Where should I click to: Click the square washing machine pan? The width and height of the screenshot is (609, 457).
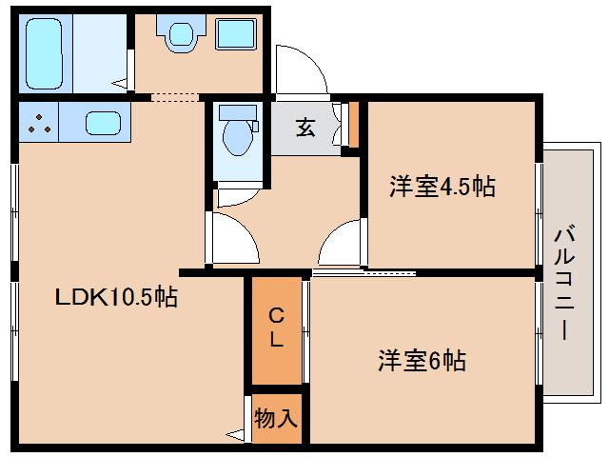pyautogui.click(x=234, y=35)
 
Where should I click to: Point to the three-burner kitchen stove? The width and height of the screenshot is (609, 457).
pyautogui.click(x=38, y=122)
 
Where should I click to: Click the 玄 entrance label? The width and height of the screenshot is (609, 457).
pyautogui.click(x=304, y=128)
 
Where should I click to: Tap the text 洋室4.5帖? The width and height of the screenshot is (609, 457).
pyautogui.click(x=442, y=187)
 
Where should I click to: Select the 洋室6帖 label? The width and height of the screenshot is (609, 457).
pyautogui.click(x=422, y=361)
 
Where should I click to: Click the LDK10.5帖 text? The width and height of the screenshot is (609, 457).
pyautogui.click(x=115, y=297)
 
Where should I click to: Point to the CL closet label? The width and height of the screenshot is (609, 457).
pyautogui.click(x=275, y=327)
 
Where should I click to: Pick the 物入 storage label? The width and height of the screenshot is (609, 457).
pyautogui.click(x=276, y=418)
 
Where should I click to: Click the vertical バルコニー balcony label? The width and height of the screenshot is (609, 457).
pyautogui.click(x=564, y=282)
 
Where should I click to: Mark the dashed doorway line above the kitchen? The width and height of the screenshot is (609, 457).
pyautogui.click(x=174, y=96)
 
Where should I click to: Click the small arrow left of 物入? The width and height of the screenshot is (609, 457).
pyautogui.click(x=235, y=435)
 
